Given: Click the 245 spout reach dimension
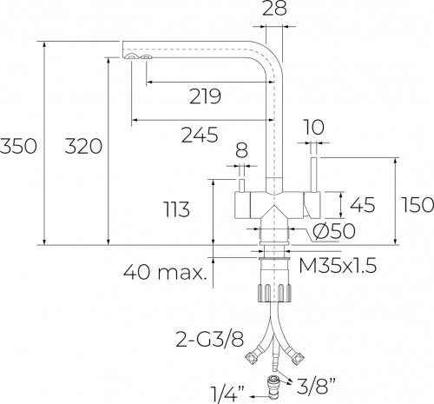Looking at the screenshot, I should (201, 135).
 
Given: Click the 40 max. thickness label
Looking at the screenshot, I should (166, 274).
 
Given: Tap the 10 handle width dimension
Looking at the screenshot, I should (314, 127).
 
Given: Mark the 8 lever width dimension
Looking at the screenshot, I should (242, 149).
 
